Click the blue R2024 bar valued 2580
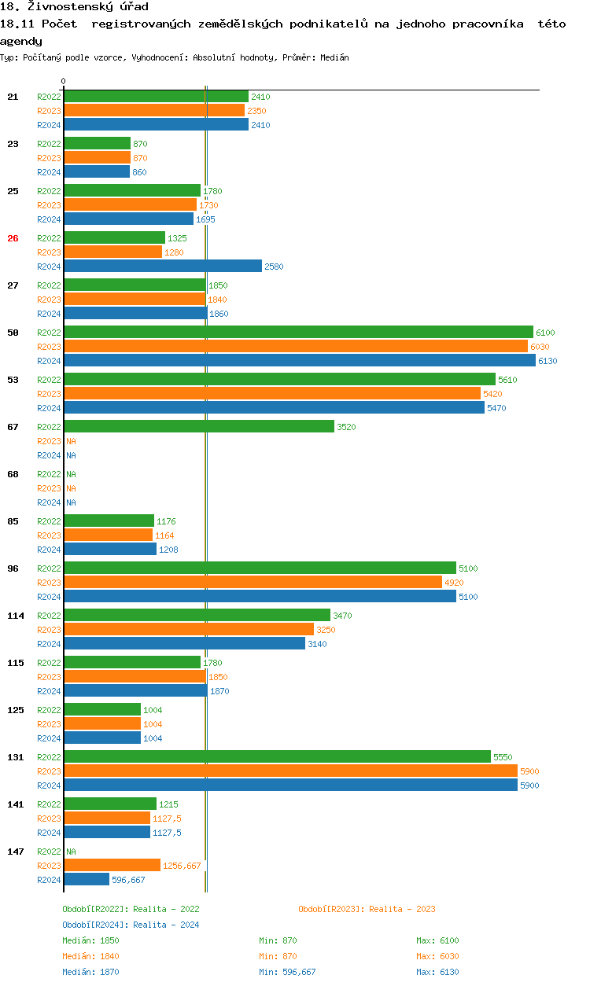click(x=163, y=267)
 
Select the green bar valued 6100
click(x=298, y=333)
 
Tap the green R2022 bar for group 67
click(x=199, y=427)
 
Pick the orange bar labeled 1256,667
click(x=112, y=866)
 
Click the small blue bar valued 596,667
click(x=87, y=880)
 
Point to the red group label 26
click(x=13, y=238)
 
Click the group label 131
click(x=16, y=757)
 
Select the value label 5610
click(x=508, y=380)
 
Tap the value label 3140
click(x=317, y=644)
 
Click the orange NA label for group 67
click(x=71, y=441)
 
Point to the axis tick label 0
click(x=64, y=82)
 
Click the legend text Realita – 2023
click(x=402, y=909)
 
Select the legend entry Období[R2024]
click(x=95, y=925)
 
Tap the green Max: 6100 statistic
click(x=437, y=940)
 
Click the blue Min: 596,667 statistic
click(x=287, y=972)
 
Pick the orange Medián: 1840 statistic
click(x=90, y=956)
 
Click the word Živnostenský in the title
click(x=72, y=7)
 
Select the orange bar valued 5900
click(x=290, y=771)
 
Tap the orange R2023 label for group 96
click(x=49, y=583)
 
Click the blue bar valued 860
click(x=97, y=172)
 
